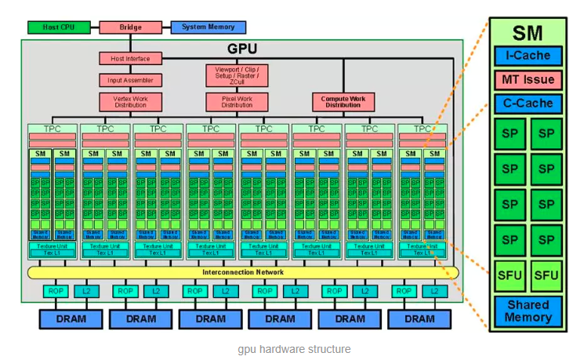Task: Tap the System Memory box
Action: [208, 27]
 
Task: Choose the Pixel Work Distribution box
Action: [237, 102]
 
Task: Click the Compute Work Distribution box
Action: [342, 102]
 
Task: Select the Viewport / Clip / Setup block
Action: [237, 75]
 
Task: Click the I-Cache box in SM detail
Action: [528, 56]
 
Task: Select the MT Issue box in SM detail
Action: [528, 80]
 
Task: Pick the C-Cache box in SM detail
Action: [528, 104]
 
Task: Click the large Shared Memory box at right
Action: [528, 311]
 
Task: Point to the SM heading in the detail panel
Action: [528, 33]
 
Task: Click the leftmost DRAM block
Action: [71, 319]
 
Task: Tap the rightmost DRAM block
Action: [419, 319]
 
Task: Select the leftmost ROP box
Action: [56, 291]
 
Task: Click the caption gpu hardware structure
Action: [294, 349]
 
